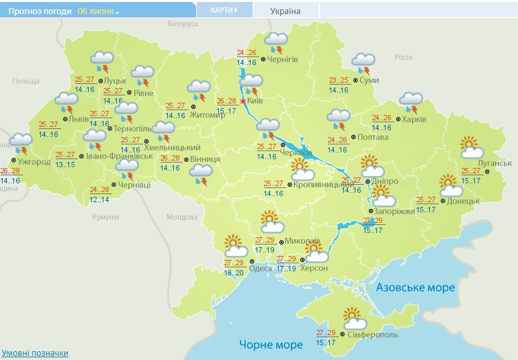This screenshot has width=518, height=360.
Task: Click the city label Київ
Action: [x=255, y=101]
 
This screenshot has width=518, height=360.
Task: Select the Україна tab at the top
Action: [x=286, y=11]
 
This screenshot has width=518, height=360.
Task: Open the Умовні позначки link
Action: [x=35, y=353]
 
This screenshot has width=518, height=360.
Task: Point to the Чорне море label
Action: [x=271, y=345]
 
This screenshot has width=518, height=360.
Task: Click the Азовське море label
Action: [x=415, y=287]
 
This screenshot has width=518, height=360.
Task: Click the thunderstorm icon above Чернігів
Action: [x=276, y=42]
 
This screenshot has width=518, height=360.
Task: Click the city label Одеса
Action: [x=261, y=269]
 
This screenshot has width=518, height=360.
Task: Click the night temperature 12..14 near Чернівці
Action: [x=100, y=199]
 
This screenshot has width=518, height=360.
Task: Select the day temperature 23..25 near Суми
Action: [x=339, y=80]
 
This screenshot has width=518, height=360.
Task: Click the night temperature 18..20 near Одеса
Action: [x=234, y=273]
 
